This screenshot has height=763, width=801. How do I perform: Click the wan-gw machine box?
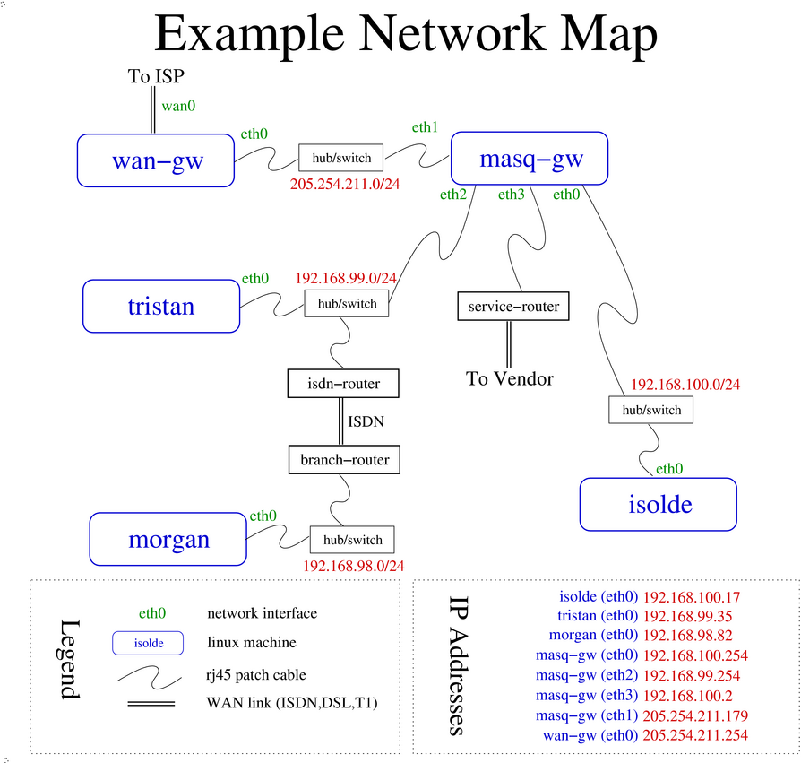point(156,160)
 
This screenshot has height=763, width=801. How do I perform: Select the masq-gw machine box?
point(530,160)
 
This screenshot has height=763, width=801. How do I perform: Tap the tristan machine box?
point(161,306)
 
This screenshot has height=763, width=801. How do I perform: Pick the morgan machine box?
point(168,539)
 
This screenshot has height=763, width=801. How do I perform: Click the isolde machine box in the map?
point(659,504)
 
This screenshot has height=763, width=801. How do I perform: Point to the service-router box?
point(513,307)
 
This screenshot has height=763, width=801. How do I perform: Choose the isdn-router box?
point(343,384)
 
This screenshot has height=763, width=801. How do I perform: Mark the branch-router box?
point(345,460)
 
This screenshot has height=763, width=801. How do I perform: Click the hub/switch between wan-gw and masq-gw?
point(341,158)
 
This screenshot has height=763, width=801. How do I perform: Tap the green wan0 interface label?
point(178,106)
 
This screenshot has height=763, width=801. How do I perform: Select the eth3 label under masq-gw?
point(512,194)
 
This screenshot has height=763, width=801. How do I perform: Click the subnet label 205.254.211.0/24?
point(344,184)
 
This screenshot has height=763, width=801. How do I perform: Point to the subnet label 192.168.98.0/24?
point(354,566)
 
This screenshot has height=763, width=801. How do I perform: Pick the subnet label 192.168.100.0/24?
point(685,385)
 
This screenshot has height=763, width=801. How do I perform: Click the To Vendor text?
point(510,378)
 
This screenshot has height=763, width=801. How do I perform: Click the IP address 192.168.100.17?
point(692,596)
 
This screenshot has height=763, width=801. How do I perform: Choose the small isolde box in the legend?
point(148,643)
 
